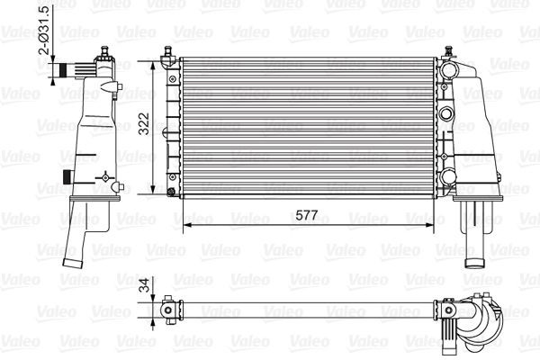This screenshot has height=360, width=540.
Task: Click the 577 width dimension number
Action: coord(306,215)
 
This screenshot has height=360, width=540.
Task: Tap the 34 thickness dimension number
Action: coord(144,289)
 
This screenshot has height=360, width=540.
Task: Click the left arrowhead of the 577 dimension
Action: coord(186,224)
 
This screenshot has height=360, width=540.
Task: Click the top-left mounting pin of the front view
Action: coord(167,58)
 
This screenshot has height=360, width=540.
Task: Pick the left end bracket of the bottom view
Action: coord(168,310)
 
